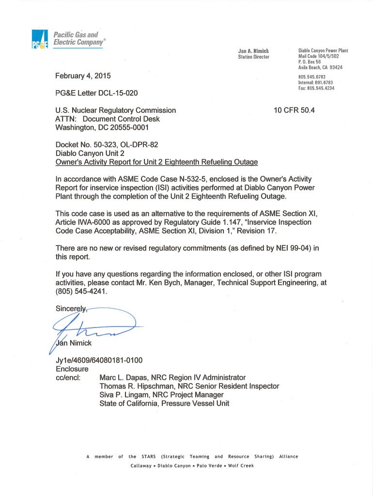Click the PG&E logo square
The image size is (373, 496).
pos(38,39)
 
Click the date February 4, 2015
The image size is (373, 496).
pos(83,76)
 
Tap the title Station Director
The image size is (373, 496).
pos(253,57)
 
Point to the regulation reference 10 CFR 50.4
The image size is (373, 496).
pos(294,110)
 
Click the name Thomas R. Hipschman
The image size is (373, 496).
pos(137,386)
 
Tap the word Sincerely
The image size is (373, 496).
pos(71,309)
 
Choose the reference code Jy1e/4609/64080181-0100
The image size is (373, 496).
pos(99,360)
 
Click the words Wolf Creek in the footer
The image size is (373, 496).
pos(241,465)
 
